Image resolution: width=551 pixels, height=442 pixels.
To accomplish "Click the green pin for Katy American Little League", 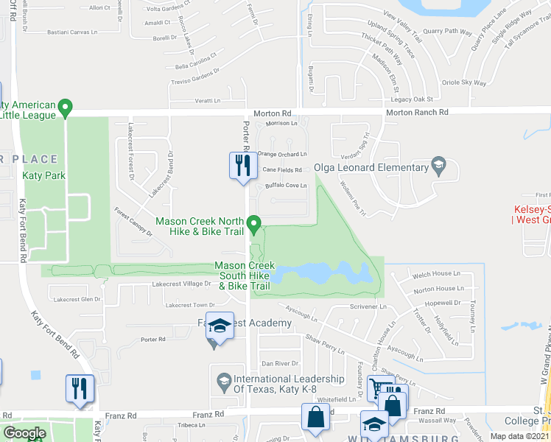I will (x=65, y=108).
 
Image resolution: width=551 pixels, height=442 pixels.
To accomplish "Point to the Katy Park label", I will (x=43, y=175).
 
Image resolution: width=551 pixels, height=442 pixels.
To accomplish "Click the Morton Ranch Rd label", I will (x=417, y=113).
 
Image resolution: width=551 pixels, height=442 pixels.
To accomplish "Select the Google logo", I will (x=24, y=433).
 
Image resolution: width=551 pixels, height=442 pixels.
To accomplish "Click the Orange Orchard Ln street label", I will (x=281, y=154).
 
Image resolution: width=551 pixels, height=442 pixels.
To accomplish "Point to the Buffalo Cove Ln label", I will (x=284, y=186).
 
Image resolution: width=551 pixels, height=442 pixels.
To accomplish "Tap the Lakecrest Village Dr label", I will (x=181, y=284).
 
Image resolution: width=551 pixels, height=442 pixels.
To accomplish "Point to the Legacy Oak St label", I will (x=411, y=99).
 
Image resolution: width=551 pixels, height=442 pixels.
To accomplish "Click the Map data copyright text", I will (x=521, y=436).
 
